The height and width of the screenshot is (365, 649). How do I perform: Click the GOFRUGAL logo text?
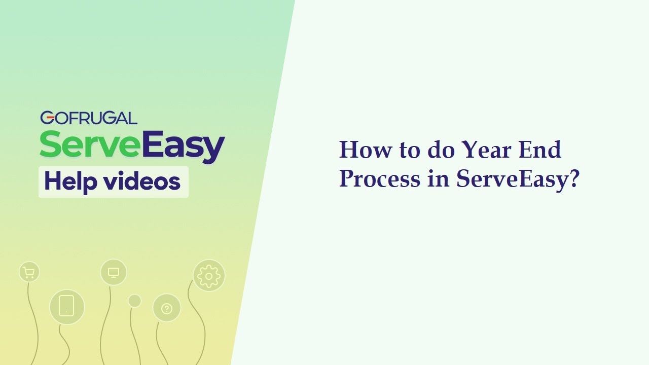point(89,118)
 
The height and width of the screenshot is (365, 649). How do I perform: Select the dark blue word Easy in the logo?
point(183,145)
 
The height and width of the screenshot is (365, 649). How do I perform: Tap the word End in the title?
point(540,150)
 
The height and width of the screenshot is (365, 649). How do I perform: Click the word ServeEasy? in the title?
point(517,179)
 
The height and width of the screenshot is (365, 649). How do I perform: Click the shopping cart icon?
point(29,273)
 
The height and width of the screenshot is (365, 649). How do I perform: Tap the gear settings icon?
point(208,275)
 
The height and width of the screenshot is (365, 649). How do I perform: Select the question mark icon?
point(167,308)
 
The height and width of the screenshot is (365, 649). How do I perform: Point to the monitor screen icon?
point(114,272)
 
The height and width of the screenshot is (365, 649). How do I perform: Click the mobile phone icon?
point(66,307)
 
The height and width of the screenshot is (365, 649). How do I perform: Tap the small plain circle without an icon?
point(134,301)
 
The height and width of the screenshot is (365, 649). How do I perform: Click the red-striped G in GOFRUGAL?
point(47,118)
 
